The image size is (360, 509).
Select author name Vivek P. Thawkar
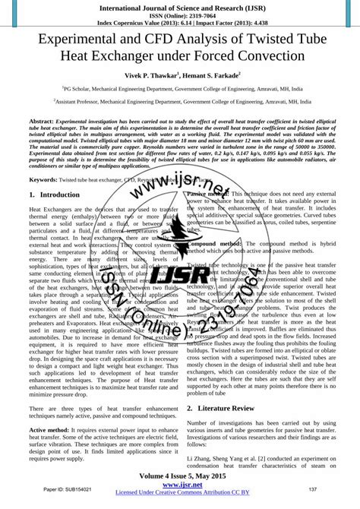coord(145,77)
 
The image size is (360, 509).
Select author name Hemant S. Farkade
coord(215,77)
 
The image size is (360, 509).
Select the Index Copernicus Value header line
coord(180,23)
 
